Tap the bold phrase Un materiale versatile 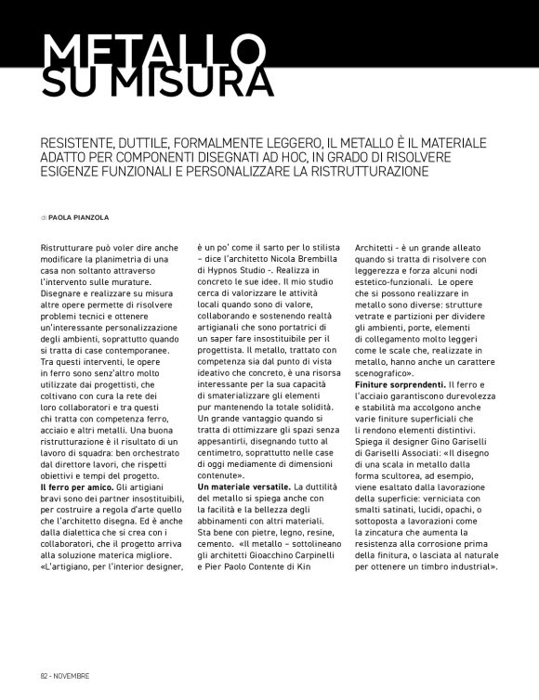pos(243,487)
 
